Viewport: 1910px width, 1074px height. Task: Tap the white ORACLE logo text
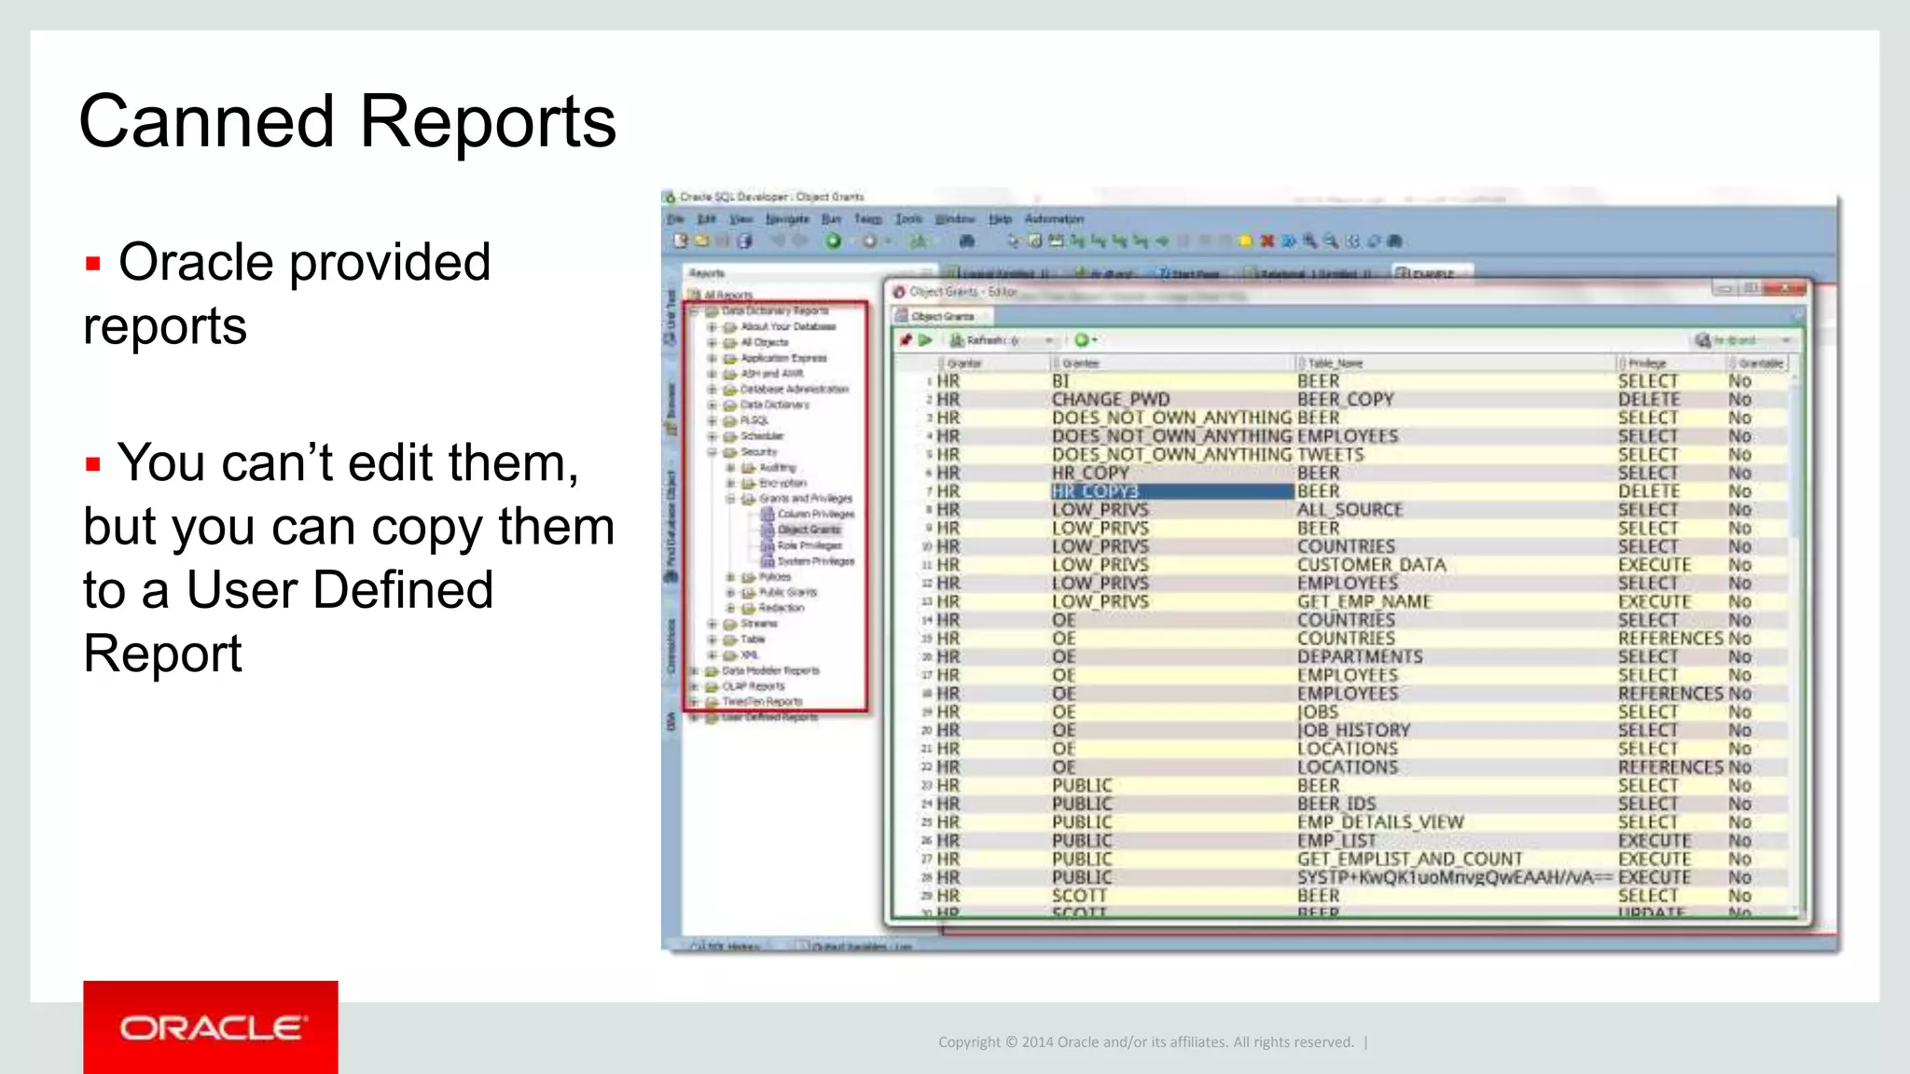[x=211, y=1028]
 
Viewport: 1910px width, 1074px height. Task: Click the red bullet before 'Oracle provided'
[x=92, y=264]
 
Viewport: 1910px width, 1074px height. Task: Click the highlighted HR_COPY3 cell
[x=1096, y=491]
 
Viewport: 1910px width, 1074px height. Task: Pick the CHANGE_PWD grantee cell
[x=1110, y=400]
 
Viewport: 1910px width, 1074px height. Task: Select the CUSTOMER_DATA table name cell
[x=1371, y=565]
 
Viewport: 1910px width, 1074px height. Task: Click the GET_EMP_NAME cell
[x=1363, y=602]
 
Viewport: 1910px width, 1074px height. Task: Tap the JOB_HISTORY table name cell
[x=1353, y=731]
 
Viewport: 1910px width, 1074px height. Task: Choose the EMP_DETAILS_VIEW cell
[x=1380, y=822]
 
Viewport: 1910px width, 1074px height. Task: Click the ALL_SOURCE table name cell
[x=1349, y=510]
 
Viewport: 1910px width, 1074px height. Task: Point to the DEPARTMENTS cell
[x=1360, y=657]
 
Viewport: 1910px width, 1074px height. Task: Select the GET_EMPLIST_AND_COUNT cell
[x=1409, y=860]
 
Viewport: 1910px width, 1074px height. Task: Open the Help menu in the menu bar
[x=1000, y=219]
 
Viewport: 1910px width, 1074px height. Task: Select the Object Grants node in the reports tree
[x=809, y=530]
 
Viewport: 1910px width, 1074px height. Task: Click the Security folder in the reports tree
[x=758, y=452]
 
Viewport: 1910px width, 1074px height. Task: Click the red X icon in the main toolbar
[x=1266, y=241]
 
